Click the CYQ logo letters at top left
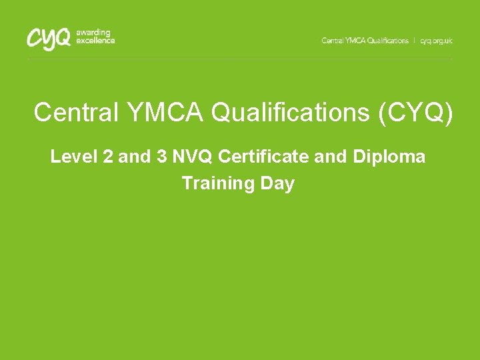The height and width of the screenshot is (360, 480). (49, 39)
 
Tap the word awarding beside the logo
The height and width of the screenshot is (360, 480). (93, 33)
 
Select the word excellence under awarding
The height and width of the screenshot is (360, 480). (95, 41)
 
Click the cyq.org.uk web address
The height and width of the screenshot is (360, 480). (436, 41)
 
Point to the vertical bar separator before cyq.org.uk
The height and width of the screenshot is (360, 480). (414, 41)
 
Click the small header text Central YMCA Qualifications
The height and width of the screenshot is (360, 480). (365, 41)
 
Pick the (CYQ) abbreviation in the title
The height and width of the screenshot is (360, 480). (415, 113)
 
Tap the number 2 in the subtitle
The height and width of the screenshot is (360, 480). (106, 157)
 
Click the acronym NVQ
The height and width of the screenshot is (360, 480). (193, 157)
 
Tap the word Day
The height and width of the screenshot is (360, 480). (277, 183)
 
